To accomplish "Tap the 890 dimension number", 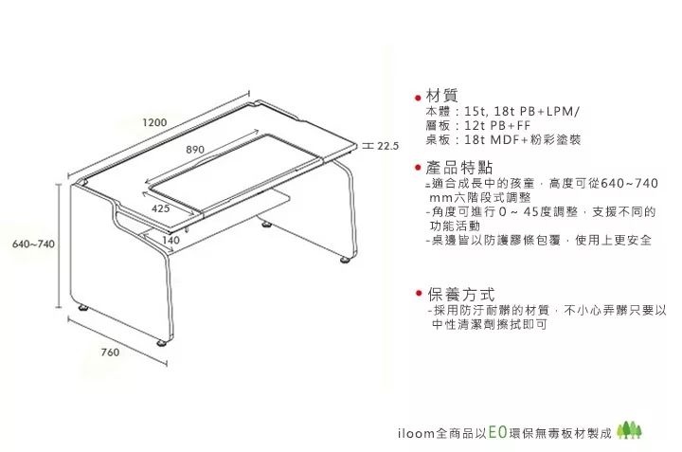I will (x=196, y=150).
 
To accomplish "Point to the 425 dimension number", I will (x=160, y=208).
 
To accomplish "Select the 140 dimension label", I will (x=170, y=241).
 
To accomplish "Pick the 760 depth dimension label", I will (x=109, y=353).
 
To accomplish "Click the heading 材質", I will (x=442, y=96).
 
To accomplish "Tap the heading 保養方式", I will (x=460, y=295).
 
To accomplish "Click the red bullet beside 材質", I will (x=418, y=98).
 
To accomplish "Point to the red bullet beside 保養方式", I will (x=418, y=296).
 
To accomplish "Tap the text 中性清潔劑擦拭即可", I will (x=488, y=324).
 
